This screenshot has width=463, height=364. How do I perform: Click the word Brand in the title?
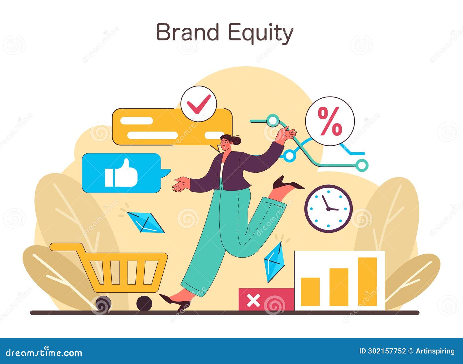point(188,32)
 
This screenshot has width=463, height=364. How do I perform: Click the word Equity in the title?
point(260,33)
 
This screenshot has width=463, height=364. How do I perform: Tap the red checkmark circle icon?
point(199,103)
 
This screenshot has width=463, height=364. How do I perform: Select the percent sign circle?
point(330,121)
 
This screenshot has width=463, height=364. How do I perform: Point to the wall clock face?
point(328,208)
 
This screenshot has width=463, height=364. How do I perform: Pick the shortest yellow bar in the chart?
point(310,291)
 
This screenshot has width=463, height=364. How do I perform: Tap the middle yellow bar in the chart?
point(339,287)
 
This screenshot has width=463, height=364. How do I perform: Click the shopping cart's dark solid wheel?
point(144,303)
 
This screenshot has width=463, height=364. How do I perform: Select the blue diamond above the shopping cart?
point(145,222)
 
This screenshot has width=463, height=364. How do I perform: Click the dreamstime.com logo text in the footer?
point(44,353)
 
